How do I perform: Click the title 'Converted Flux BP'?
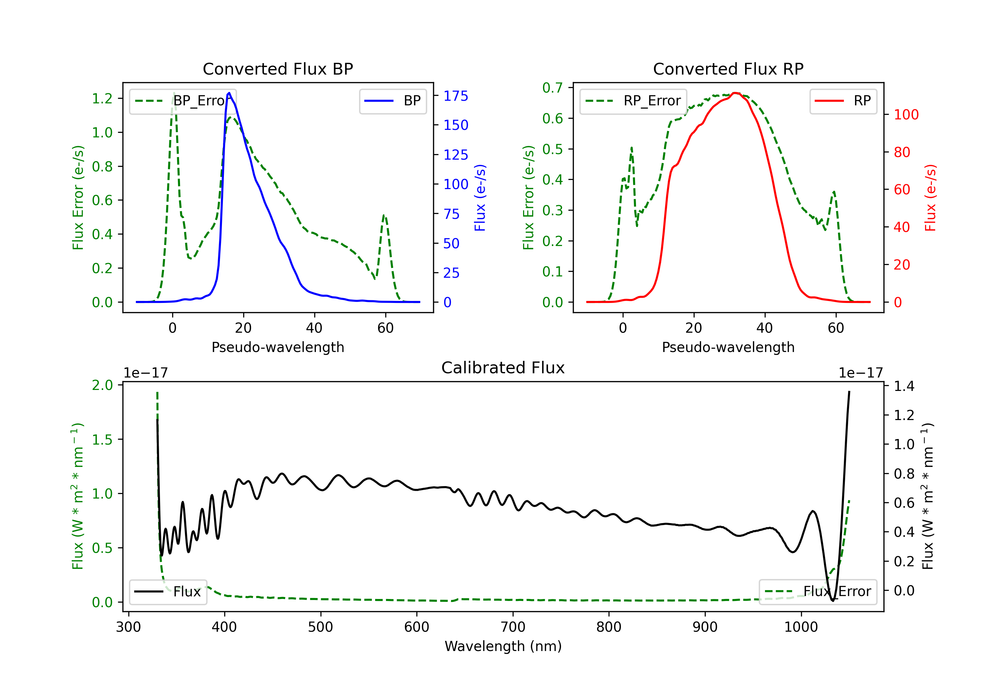(278, 69)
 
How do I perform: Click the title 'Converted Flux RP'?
(728, 69)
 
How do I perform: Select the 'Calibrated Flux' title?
(503, 368)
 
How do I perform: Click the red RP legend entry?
(843, 101)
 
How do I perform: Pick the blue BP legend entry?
(392, 101)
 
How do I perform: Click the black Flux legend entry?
(168, 592)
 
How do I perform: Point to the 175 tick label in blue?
(456, 96)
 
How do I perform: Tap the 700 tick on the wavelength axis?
(513, 627)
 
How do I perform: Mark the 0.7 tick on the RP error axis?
(553, 88)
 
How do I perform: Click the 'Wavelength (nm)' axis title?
(503, 646)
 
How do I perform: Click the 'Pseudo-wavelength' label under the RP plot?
(728, 347)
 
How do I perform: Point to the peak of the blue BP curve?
(229, 93)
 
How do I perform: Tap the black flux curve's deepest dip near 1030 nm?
(833, 601)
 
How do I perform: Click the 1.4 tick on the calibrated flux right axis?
(904, 386)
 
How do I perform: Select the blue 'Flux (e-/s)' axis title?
(480, 198)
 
